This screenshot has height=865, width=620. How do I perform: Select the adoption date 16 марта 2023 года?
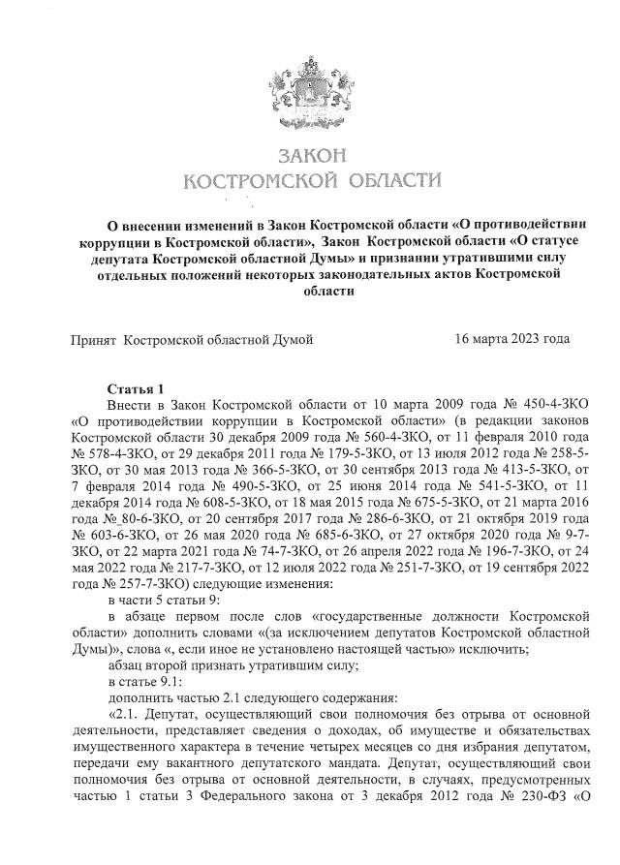(x=511, y=339)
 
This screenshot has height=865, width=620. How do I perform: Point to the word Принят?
(x=91, y=339)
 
